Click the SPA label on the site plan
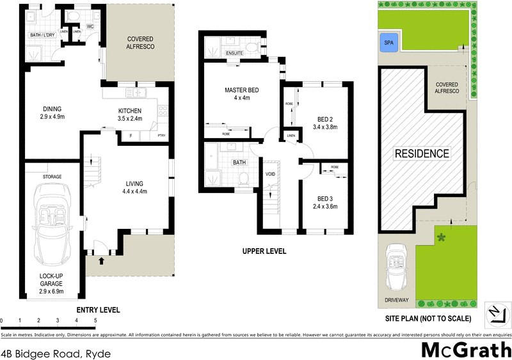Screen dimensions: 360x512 [x=387, y=43]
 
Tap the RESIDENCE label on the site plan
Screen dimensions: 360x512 [x=421, y=153]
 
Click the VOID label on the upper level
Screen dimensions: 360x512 [x=271, y=173]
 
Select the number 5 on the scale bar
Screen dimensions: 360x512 [x=95, y=320]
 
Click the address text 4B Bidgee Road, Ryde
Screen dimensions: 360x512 [x=56, y=353]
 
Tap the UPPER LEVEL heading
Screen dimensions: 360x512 [x=264, y=251]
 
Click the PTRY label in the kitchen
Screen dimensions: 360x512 [x=161, y=136]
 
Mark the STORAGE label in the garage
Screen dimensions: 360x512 [x=52, y=176]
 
